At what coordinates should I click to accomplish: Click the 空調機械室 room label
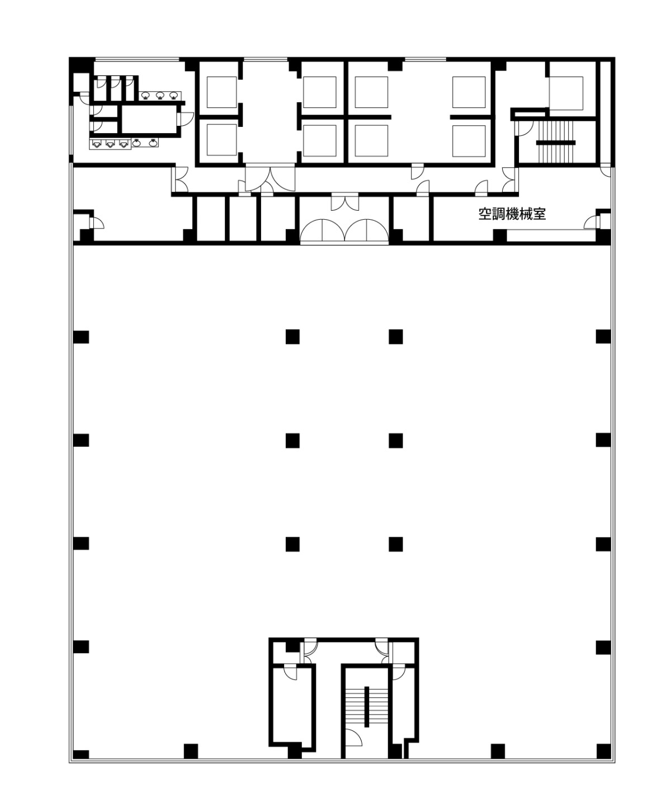click(x=512, y=214)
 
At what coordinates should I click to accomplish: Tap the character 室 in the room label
click(x=539, y=214)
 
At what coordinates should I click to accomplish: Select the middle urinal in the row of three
click(x=110, y=144)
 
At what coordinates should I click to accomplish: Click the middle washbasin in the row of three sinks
click(x=159, y=95)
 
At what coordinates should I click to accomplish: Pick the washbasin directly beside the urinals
click(x=136, y=143)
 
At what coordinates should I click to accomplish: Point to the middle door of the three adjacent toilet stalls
click(x=115, y=83)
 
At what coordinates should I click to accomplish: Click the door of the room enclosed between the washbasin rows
click(x=186, y=120)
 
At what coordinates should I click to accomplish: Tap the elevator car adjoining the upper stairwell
click(x=566, y=93)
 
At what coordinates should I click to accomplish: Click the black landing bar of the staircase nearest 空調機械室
click(x=555, y=143)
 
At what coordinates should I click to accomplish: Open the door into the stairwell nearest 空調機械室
click(x=523, y=128)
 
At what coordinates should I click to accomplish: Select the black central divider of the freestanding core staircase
click(x=366, y=707)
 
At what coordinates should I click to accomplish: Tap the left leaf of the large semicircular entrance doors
click(x=322, y=230)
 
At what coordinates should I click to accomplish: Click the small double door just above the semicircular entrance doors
click(x=345, y=202)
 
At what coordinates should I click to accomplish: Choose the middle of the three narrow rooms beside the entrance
click(x=243, y=219)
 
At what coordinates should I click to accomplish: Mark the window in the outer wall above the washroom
click(x=137, y=59)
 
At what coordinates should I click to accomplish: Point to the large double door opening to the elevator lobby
click(x=270, y=179)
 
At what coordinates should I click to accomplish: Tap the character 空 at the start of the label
click(x=485, y=214)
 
